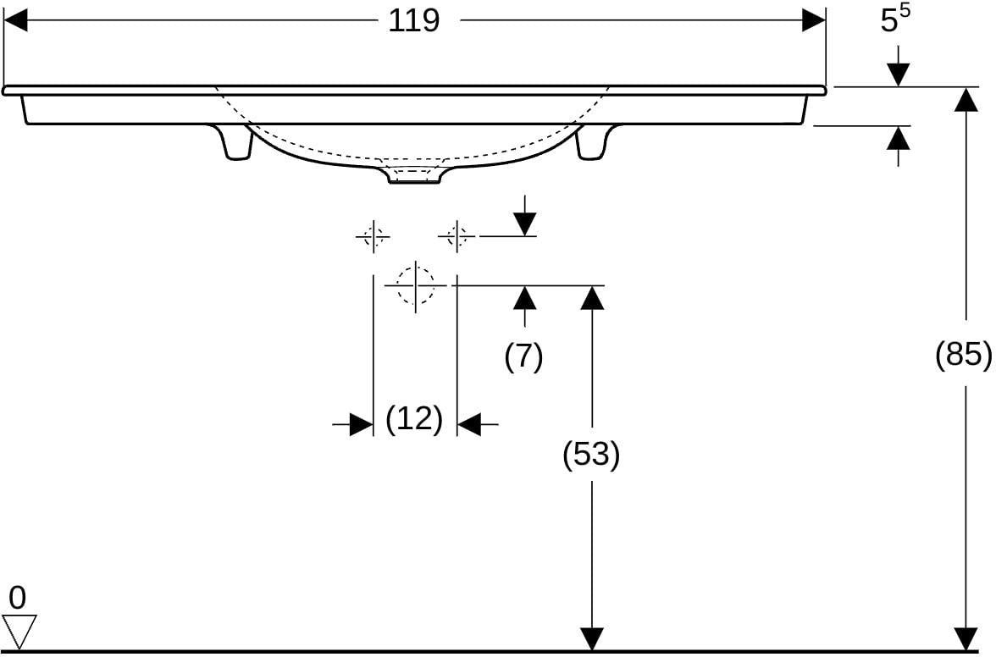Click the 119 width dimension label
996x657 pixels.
pyautogui.click(x=413, y=21)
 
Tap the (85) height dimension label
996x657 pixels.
pyautogui.click(x=963, y=354)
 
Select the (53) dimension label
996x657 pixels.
pyautogui.click(x=591, y=455)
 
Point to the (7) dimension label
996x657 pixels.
pyautogui.click(x=524, y=356)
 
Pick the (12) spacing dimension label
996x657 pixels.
pyautogui.click(x=414, y=419)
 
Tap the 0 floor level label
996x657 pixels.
pyautogui.click(x=18, y=598)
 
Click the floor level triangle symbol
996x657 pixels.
pyautogui.click(x=19, y=631)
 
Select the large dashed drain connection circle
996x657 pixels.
pyautogui.click(x=415, y=285)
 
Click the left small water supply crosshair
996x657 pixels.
pyautogui.click(x=373, y=237)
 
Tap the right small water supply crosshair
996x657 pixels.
pyautogui.click(x=456, y=237)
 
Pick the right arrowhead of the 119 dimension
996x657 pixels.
pyautogui.click(x=814, y=20)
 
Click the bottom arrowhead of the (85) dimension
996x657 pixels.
pyautogui.click(x=966, y=638)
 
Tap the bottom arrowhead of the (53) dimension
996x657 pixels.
pyautogui.click(x=592, y=638)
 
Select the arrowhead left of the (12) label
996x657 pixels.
pyautogui.click(x=362, y=424)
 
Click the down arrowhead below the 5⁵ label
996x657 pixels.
pyautogui.click(x=898, y=75)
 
